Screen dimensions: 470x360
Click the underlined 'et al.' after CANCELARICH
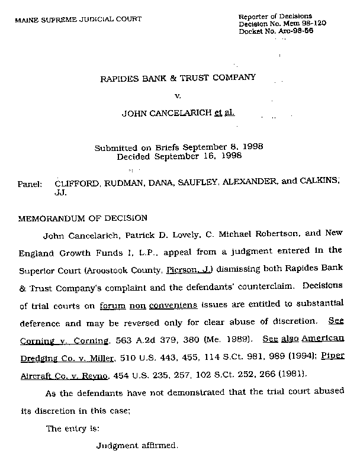pos(224,112)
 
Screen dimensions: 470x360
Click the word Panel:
pos(30,184)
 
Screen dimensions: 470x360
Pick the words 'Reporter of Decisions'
pos(275,15)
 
